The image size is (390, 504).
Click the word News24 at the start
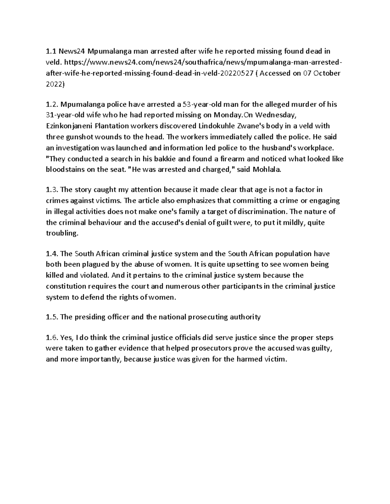click(68, 51)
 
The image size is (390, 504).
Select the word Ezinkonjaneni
click(68, 126)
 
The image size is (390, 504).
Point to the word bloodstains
click(65, 170)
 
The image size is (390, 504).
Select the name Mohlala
click(268, 170)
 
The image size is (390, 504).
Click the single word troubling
click(62, 233)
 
